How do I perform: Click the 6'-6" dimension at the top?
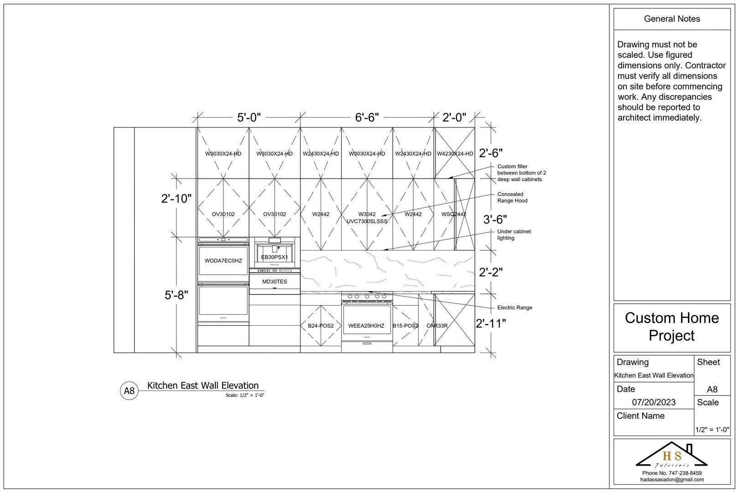(367, 118)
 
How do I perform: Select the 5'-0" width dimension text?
(249, 118)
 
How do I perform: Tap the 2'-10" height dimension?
(176, 199)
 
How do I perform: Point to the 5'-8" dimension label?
(176, 295)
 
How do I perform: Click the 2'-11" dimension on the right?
(491, 324)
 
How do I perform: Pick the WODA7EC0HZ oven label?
(223, 261)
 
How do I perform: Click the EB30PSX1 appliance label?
(274, 257)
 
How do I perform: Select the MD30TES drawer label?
(275, 282)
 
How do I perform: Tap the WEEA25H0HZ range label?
(366, 326)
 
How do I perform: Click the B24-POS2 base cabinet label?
(321, 326)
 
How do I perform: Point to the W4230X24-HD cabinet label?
(455, 154)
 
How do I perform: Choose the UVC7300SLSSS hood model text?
(367, 221)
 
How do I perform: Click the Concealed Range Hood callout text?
(512, 197)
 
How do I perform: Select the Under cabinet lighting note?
(514, 235)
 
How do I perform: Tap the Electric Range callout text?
(515, 308)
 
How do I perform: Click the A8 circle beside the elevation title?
(130, 391)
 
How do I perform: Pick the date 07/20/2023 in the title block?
(654, 402)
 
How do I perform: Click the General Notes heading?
(671, 19)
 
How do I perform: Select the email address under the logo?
(671, 480)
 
